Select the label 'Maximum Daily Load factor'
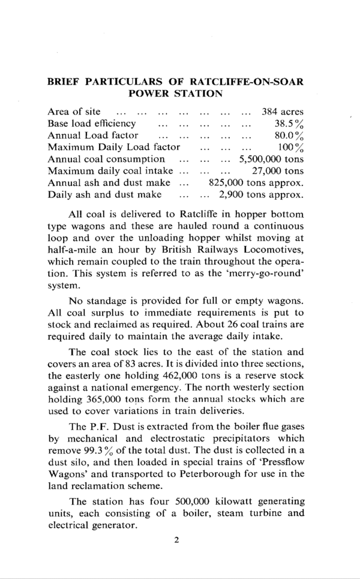click(114, 147)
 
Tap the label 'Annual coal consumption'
click(106, 159)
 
